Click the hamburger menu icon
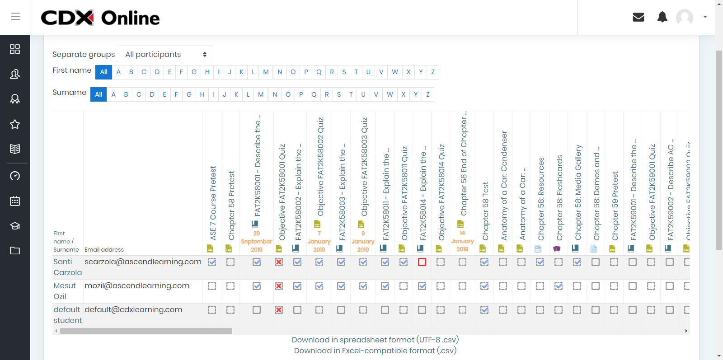tap(15, 17)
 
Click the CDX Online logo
tap(100, 18)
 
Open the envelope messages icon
tap(638, 17)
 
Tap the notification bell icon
tap(662, 17)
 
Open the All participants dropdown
tap(166, 55)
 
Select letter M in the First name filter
tap(266, 72)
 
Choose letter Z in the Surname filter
tap(428, 94)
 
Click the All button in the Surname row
tap(99, 94)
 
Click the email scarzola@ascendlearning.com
tap(143, 262)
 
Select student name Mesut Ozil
tap(65, 291)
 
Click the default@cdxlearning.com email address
tap(133, 310)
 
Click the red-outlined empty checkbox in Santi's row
tap(422, 262)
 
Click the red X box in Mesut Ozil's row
tap(279, 286)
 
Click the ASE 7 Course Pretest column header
tap(213, 203)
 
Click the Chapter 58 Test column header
tap(485, 211)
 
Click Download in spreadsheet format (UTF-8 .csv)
tap(375, 340)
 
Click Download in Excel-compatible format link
tap(375, 351)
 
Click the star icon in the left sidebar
tap(15, 124)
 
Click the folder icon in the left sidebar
tap(15, 251)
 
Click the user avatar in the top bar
tap(685, 17)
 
